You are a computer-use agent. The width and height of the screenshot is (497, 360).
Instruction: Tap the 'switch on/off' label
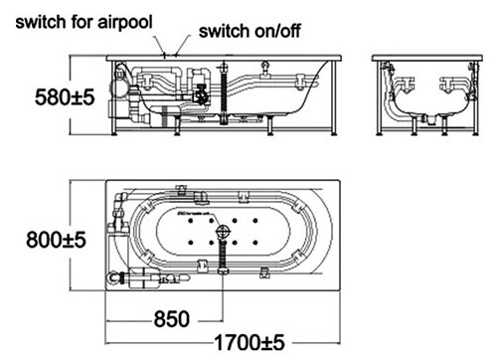click(x=251, y=30)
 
